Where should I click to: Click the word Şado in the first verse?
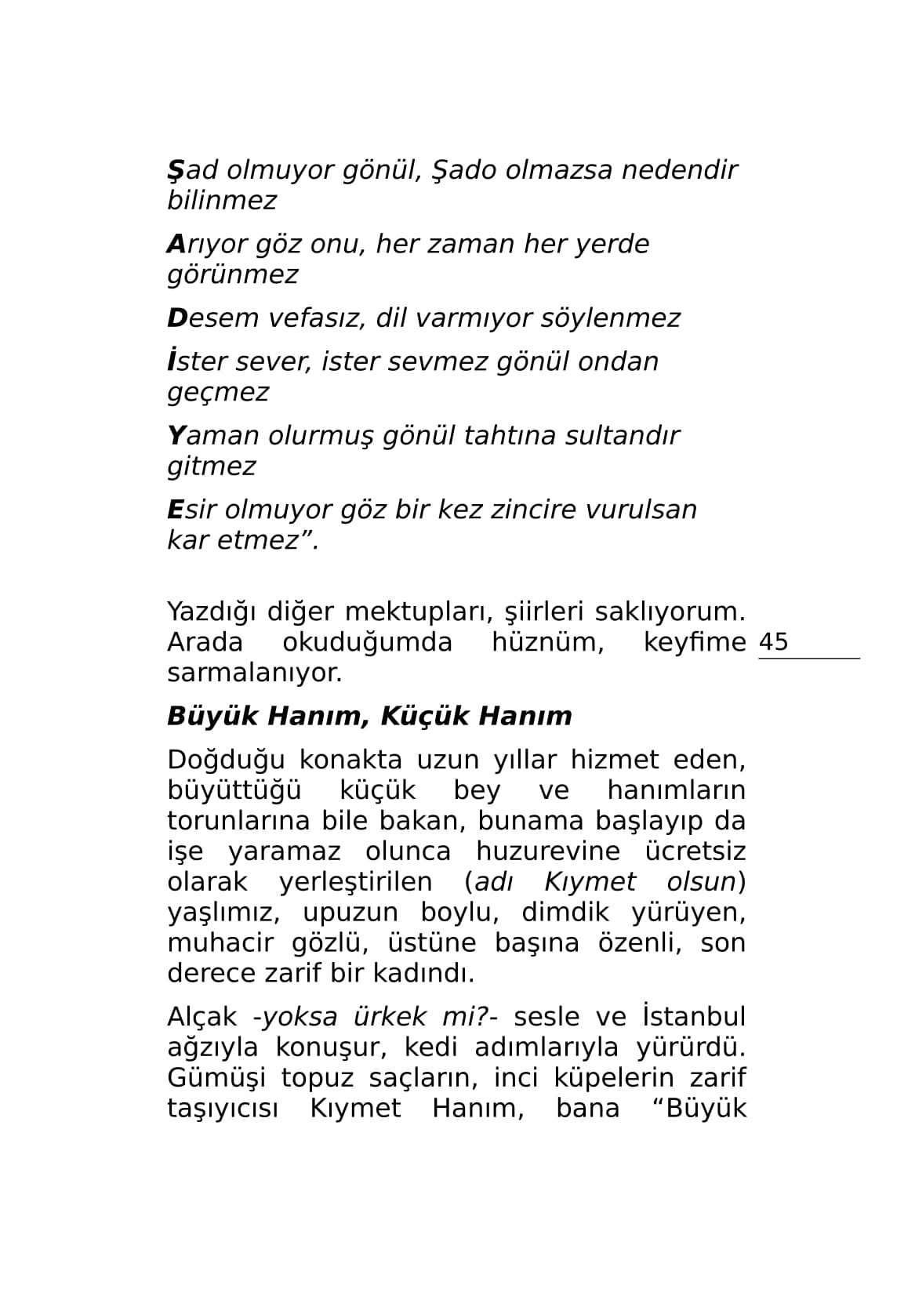(x=464, y=169)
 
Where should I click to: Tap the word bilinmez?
(x=222, y=201)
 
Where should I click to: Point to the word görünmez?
(x=233, y=275)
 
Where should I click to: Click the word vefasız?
(x=317, y=318)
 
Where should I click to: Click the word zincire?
(x=539, y=510)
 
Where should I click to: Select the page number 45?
(x=773, y=642)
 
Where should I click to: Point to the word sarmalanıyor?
(x=255, y=673)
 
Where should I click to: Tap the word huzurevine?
(x=547, y=851)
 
